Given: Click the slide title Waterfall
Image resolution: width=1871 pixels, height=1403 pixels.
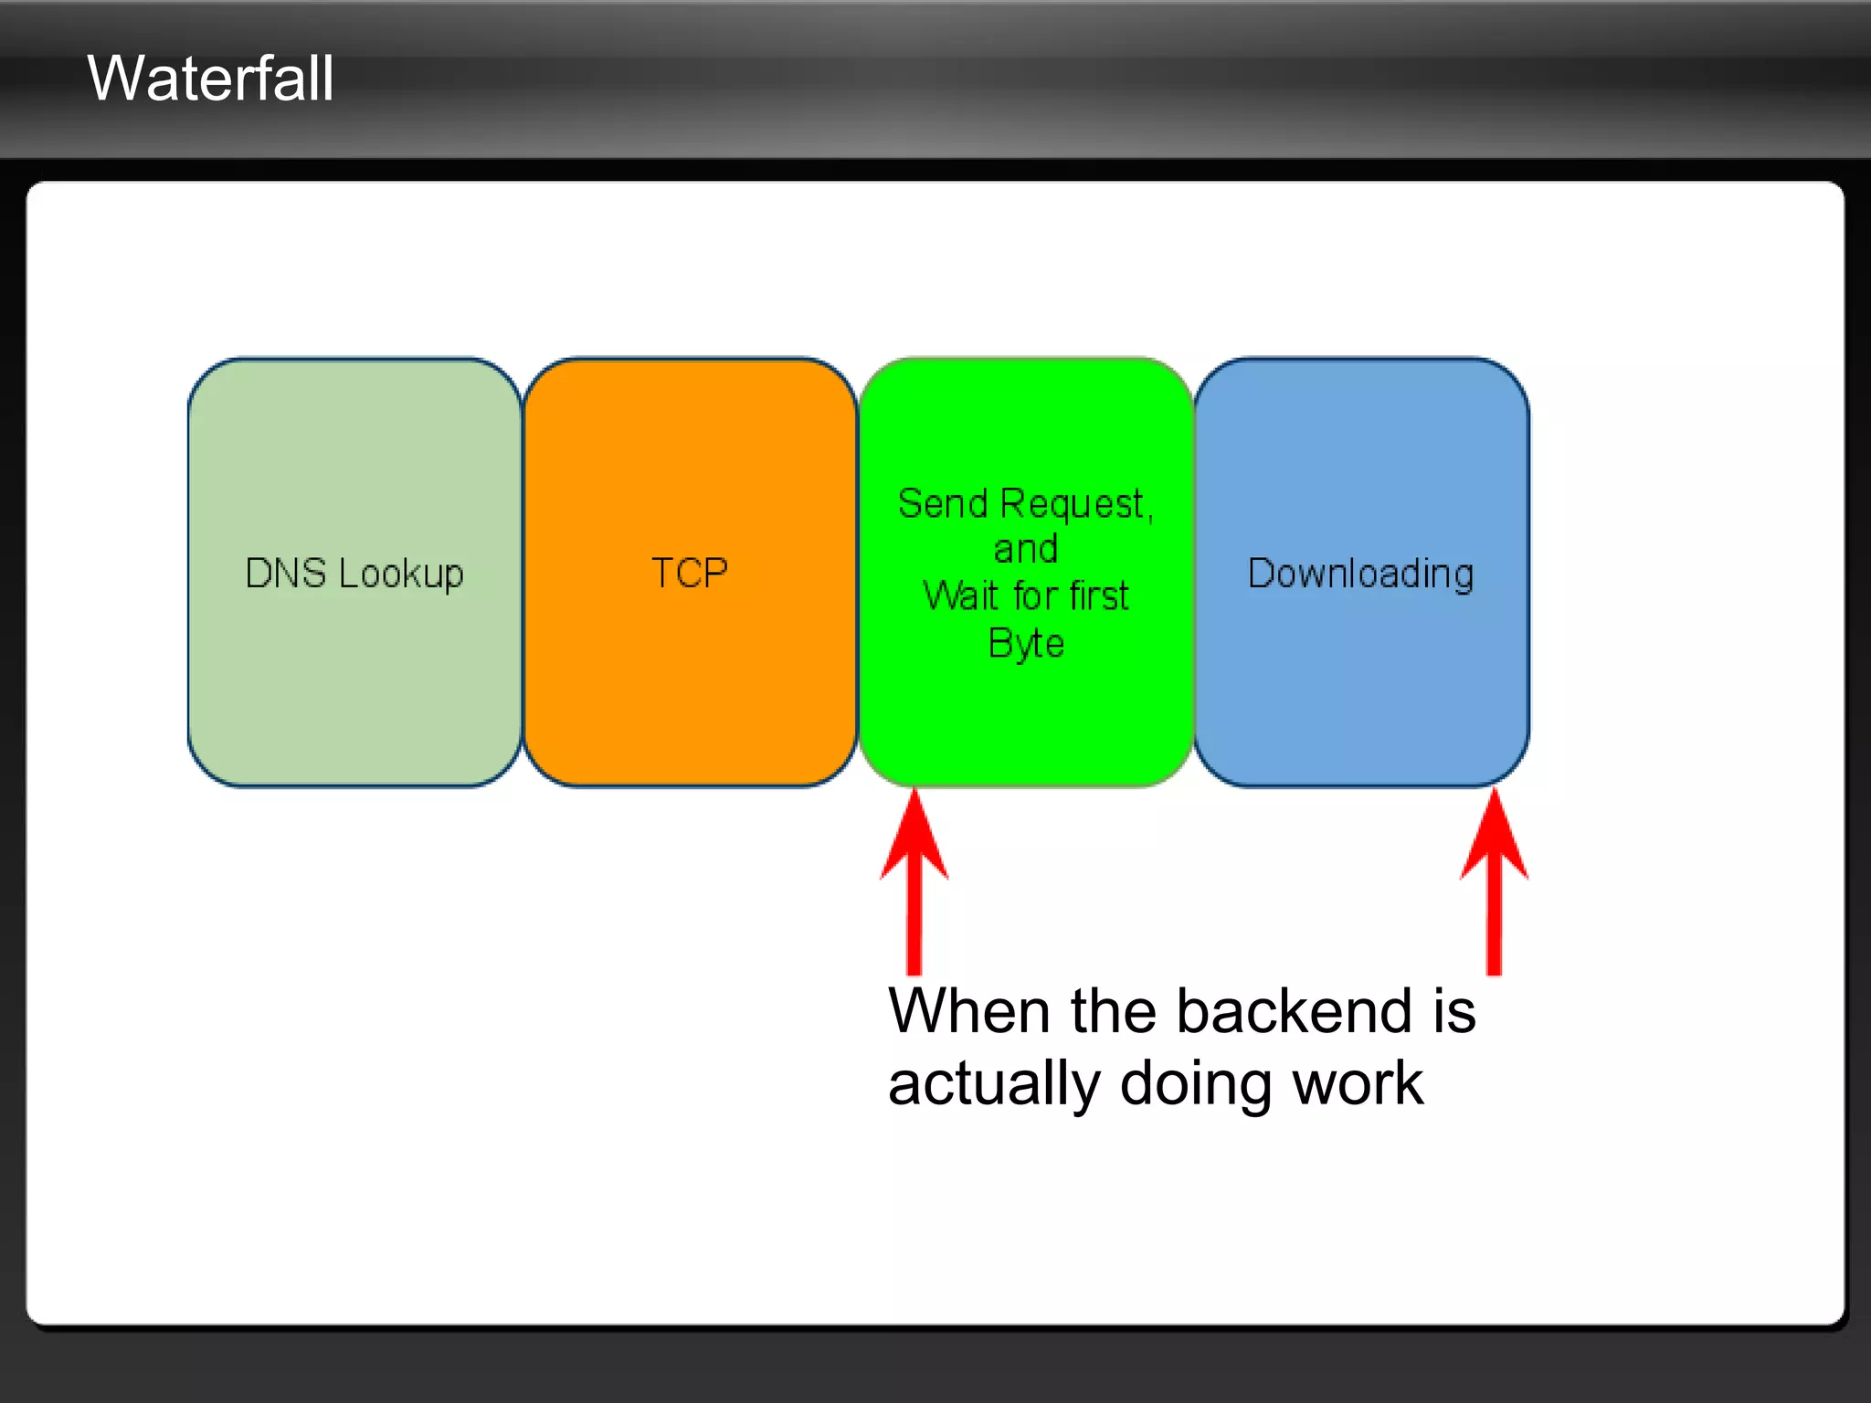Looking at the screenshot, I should pyautogui.click(x=210, y=79).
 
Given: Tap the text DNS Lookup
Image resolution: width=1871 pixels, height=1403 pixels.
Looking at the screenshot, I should pyautogui.click(x=354, y=574).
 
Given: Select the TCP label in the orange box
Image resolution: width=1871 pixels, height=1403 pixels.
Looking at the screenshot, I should pyautogui.click(x=689, y=574).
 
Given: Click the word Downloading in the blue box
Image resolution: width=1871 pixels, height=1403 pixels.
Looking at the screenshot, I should pyautogui.click(x=1360, y=574).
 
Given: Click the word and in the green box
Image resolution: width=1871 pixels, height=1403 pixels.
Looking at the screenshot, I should pyautogui.click(x=1025, y=550).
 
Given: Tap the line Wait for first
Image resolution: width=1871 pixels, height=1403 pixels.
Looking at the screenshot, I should pyautogui.click(x=1025, y=596).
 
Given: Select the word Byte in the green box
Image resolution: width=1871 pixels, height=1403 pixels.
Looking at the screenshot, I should pyautogui.click(x=1025, y=644).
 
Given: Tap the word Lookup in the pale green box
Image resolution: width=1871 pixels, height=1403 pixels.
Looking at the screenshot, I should pyautogui.click(x=400, y=574).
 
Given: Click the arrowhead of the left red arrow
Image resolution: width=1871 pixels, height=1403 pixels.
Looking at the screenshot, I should pyautogui.click(x=914, y=836).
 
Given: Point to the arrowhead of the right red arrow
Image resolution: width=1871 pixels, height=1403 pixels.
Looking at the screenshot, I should pyautogui.click(x=1494, y=836).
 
